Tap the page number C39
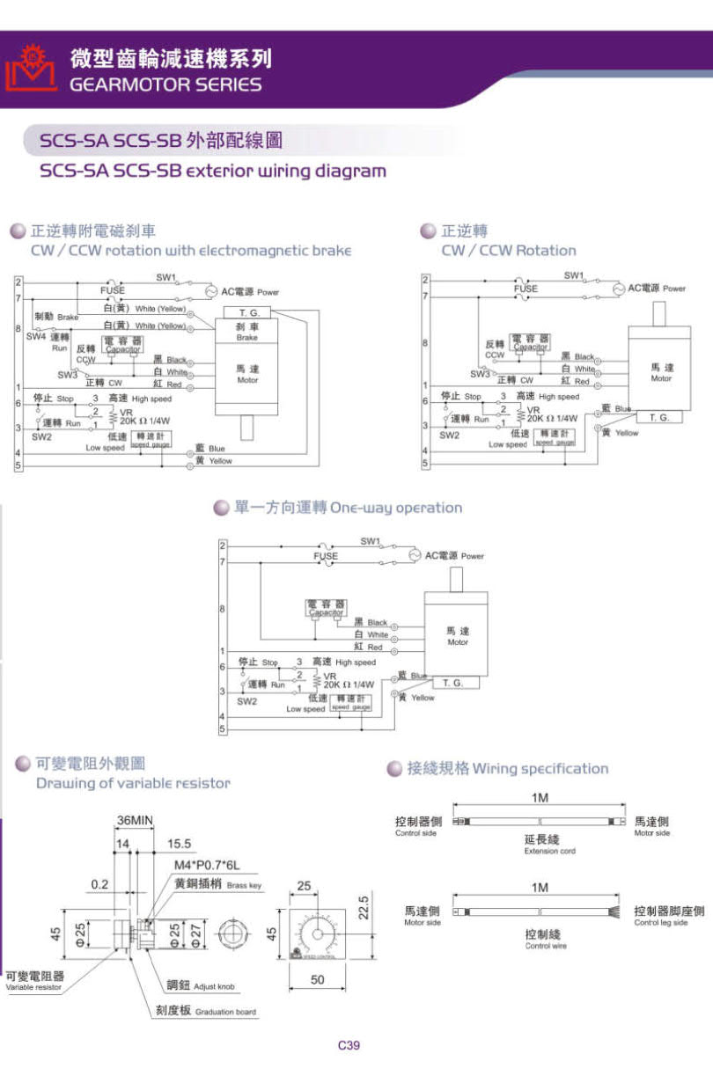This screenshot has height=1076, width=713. click(349, 1045)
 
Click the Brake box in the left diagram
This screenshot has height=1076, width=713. click(246, 331)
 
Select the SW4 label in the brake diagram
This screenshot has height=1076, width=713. click(36, 336)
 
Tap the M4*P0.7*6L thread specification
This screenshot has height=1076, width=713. click(206, 865)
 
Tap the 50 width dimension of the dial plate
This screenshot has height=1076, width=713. click(317, 979)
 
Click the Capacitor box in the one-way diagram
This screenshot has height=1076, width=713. click(326, 608)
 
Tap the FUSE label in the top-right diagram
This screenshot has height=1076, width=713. click(526, 289)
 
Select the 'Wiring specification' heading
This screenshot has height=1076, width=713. click(507, 768)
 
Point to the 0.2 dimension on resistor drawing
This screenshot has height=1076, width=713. click(99, 884)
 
